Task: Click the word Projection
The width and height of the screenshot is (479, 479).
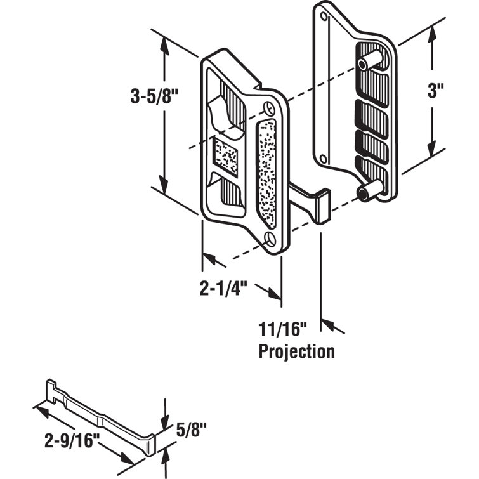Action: [296, 351]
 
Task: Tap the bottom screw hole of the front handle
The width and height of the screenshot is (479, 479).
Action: [270, 239]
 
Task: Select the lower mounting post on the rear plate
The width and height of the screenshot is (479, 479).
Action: [371, 190]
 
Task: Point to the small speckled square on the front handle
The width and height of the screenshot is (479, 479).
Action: [226, 155]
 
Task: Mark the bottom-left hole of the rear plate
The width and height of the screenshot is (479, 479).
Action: [324, 158]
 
